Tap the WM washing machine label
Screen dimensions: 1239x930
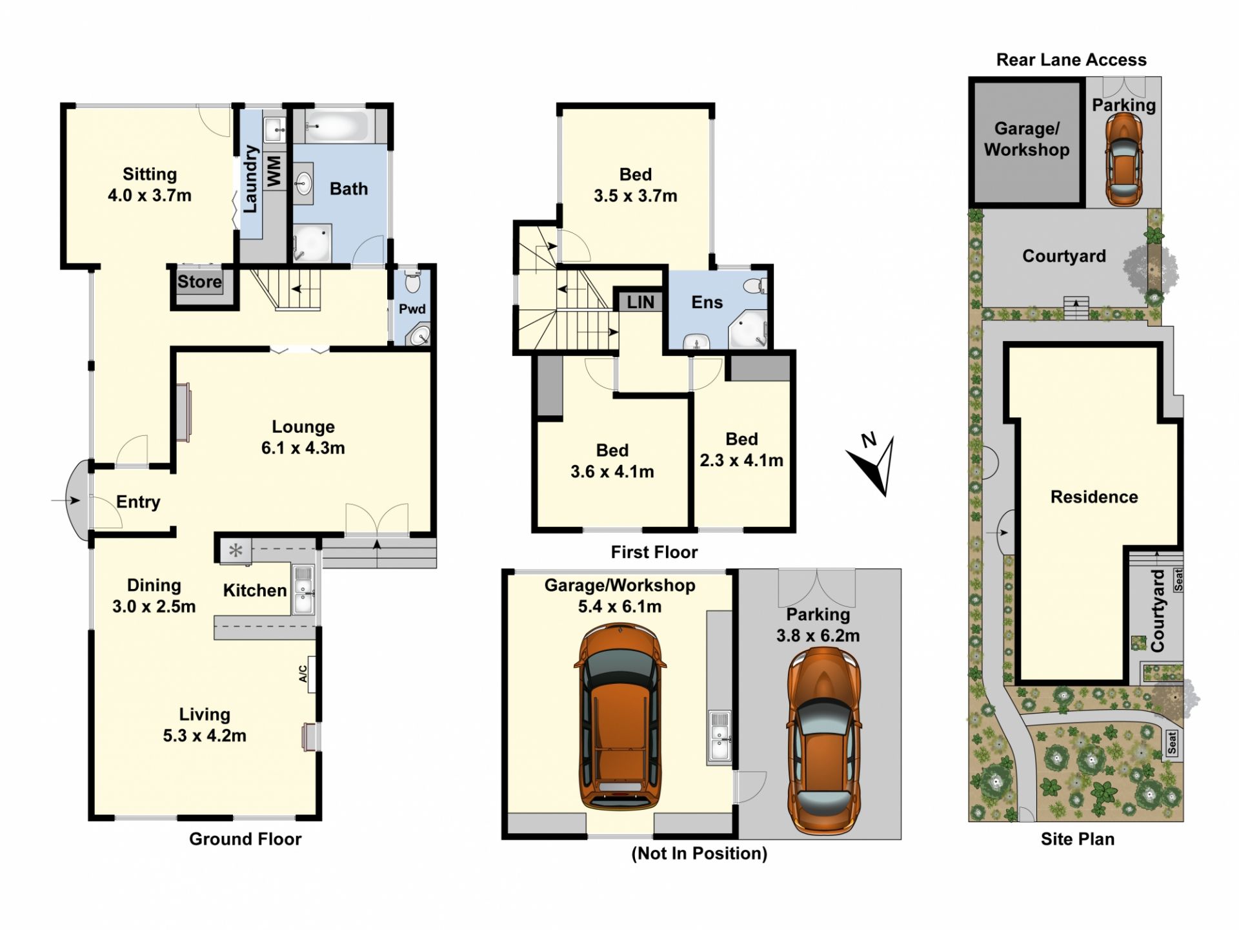click(274, 171)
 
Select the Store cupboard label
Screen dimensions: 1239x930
click(199, 282)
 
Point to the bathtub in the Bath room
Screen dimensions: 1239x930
click(337, 126)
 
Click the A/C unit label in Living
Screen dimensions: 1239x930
click(303, 674)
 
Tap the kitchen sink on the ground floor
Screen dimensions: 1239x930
click(303, 589)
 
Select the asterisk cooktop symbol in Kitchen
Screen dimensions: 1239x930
click(236, 551)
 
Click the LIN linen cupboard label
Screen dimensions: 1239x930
click(640, 302)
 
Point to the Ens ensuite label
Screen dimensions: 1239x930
click(707, 302)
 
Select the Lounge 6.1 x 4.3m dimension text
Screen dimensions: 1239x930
click(303, 448)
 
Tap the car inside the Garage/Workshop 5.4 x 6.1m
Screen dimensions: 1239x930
click(619, 717)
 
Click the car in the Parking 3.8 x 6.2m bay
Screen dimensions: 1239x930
click(824, 741)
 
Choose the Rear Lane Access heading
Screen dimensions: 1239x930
click(1071, 60)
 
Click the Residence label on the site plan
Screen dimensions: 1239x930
click(1094, 497)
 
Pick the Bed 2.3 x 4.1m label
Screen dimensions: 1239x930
click(741, 449)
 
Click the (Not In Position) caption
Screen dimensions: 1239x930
click(700, 854)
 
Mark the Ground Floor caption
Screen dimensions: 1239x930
click(245, 839)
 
